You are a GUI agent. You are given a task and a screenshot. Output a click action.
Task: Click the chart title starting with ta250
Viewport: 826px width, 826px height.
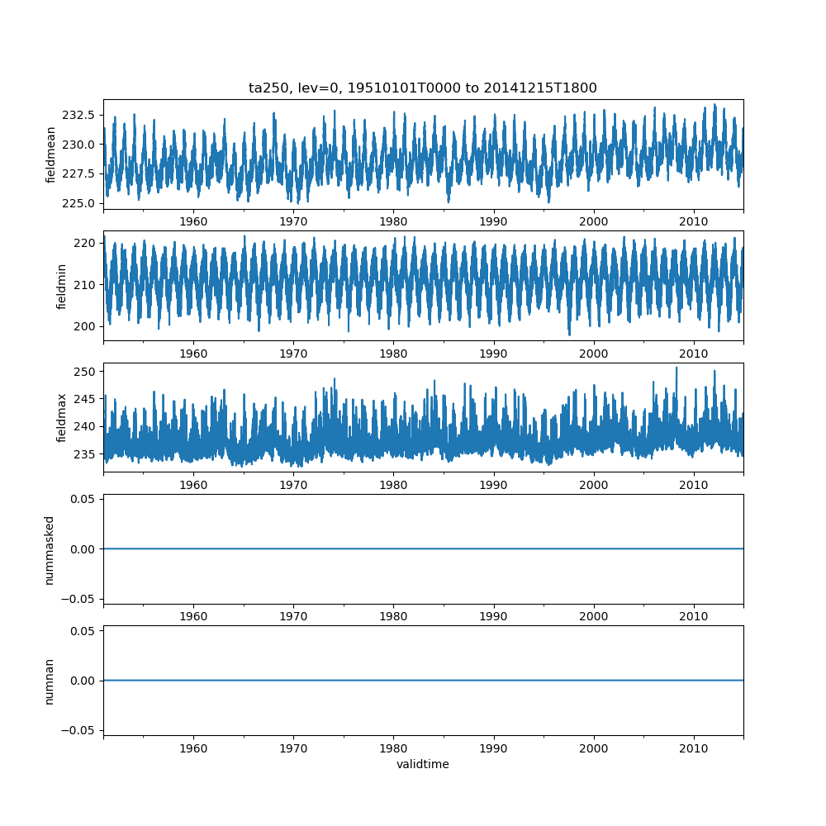tap(423, 88)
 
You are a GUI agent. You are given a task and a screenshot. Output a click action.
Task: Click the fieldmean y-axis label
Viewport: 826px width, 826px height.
tap(51, 154)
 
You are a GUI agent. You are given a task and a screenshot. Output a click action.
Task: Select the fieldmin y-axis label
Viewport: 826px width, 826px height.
tap(61, 286)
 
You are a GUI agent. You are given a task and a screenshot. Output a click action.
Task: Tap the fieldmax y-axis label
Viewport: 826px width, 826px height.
tap(61, 417)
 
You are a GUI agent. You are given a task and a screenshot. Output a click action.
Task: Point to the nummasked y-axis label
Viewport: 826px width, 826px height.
tap(50, 549)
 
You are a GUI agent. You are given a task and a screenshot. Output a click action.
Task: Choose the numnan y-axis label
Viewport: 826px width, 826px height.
tap(50, 681)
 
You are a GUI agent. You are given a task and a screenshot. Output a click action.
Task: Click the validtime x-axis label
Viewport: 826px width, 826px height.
tap(423, 764)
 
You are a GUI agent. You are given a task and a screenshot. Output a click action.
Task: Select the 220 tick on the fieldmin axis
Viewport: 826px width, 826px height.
tap(88, 243)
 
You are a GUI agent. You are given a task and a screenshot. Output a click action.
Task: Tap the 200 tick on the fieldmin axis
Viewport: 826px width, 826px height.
tap(88, 326)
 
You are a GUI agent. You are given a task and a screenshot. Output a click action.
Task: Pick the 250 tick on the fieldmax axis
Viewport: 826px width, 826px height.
tap(88, 371)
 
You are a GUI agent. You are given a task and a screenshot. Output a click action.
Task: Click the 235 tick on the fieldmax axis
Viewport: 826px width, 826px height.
tap(88, 453)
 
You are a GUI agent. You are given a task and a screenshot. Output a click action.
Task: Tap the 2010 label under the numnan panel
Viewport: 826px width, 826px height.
tap(694, 748)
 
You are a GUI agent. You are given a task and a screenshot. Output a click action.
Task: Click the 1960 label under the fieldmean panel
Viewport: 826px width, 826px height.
tap(193, 222)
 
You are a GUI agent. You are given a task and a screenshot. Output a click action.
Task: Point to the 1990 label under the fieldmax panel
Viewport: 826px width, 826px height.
tap(494, 485)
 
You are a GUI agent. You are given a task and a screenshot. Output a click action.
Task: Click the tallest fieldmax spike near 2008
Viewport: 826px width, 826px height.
tap(676, 368)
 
